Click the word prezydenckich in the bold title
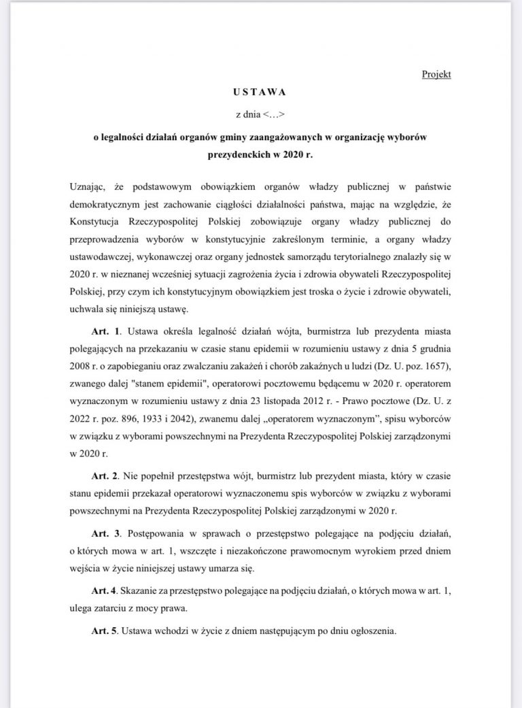point(234,154)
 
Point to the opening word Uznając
point(89,186)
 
